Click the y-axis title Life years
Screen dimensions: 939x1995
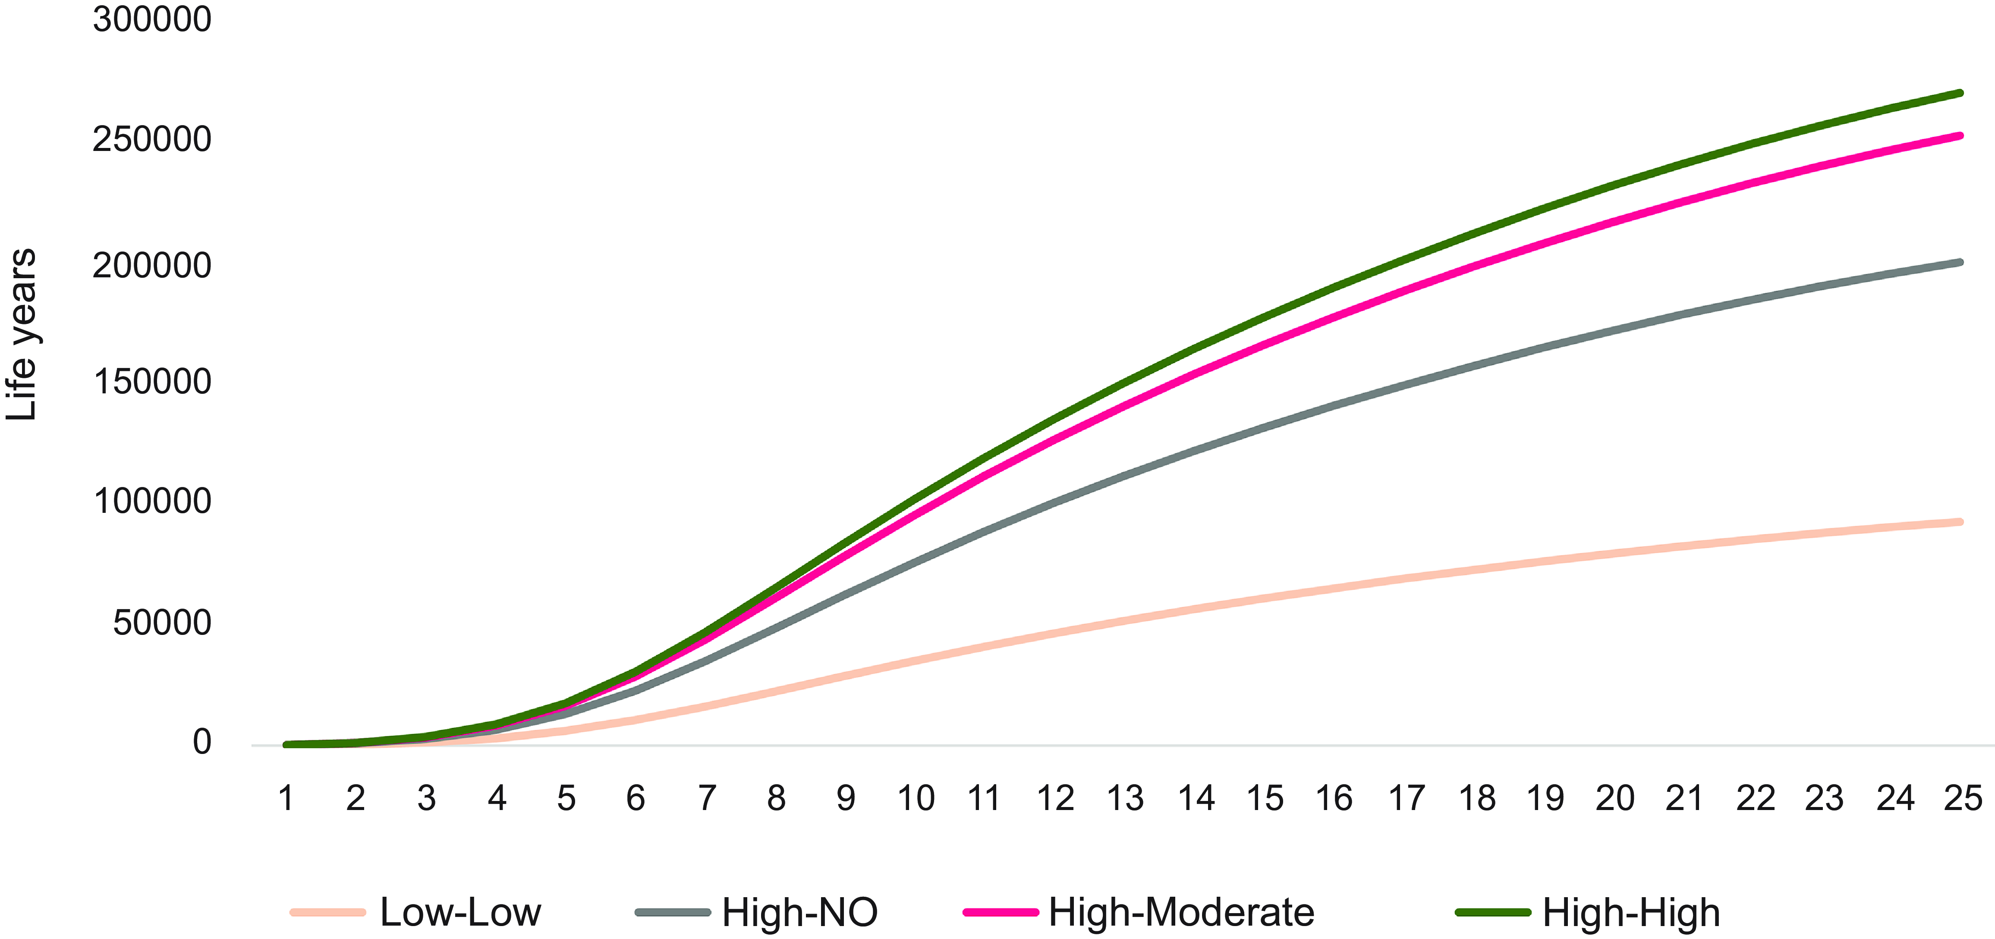pyautogui.click(x=22, y=334)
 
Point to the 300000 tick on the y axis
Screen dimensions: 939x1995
pyautogui.click(x=152, y=19)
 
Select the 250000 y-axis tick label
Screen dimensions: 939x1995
pyautogui.click(x=152, y=139)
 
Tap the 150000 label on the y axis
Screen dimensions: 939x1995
pyautogui.click(x=152, y=382)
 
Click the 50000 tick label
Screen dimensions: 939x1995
pyautogui.click(x=162, y=622)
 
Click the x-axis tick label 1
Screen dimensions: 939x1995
pyautogui.click(x=286, y=798)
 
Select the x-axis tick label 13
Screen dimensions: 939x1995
pyautogui.click(x=1124, y=798)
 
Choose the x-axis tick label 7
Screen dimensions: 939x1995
pyautogui.click(x=706, y=798)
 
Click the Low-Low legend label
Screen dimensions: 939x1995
pyautogui.click(x=460, y=912)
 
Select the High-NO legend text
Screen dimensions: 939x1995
pyautogui.click(x=799, y=912)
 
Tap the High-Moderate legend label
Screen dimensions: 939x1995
pyautogui.click(x=1181, y=912)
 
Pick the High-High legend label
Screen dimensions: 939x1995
pyautogui.click(x=1631, y=912)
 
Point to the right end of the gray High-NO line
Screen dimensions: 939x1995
pyautogui.click(x=1960, y=262)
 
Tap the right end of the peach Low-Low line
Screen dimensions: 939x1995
pyautogui.click(x=1960, y=522)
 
